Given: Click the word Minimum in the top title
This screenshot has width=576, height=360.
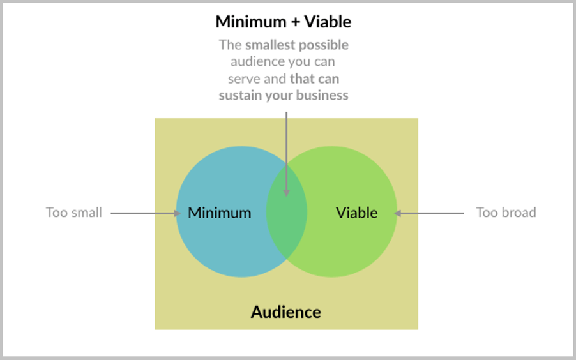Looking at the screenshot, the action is point(251,22).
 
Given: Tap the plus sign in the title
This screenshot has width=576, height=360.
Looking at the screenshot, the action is point(296,22).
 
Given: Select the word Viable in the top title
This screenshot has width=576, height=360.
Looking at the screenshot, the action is point(328,22).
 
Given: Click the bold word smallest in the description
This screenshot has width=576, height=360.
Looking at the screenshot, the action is point(270,45).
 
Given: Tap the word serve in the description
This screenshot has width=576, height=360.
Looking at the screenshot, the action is point(241,79).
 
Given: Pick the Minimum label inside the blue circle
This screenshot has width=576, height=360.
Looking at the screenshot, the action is point(219,213).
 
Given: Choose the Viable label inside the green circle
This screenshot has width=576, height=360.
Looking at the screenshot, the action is point(357,213).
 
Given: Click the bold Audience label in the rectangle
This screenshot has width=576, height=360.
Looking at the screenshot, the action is point(286,312).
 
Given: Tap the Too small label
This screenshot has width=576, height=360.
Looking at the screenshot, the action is point(74,213).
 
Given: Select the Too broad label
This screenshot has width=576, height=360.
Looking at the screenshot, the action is point(506,213).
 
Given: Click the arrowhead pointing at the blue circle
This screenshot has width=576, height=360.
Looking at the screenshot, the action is point(178,213).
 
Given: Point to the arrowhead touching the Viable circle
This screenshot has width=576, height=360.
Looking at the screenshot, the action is point(397,213).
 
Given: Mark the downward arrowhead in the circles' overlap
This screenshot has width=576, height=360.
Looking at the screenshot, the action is point(287,193).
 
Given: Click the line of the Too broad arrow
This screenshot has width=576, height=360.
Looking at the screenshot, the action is point(429,213).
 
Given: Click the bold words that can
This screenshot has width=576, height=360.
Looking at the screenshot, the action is point(314,79).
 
